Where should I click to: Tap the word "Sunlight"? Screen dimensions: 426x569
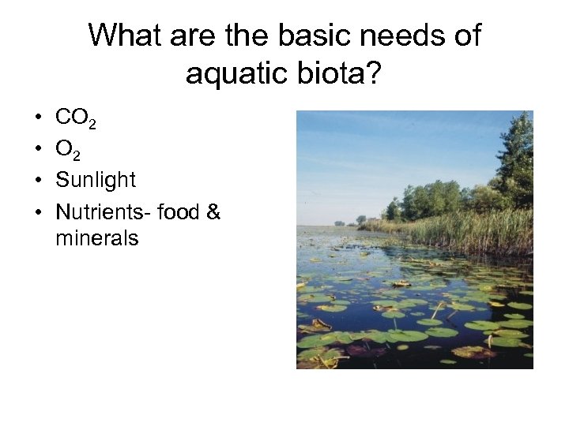point(96,181)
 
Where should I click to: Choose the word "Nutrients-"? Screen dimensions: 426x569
point(104,211)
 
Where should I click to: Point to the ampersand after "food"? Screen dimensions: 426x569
point(213,211)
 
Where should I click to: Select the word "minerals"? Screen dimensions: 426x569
point(97,237)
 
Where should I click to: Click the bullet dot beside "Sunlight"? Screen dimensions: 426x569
point(38,181)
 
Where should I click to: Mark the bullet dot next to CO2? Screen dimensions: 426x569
point(38,119)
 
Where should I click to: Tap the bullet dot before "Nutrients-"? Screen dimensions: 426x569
point(38,212)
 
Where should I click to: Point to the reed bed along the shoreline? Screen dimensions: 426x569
point(466,230)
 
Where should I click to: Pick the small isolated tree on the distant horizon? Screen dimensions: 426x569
point(360,219)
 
